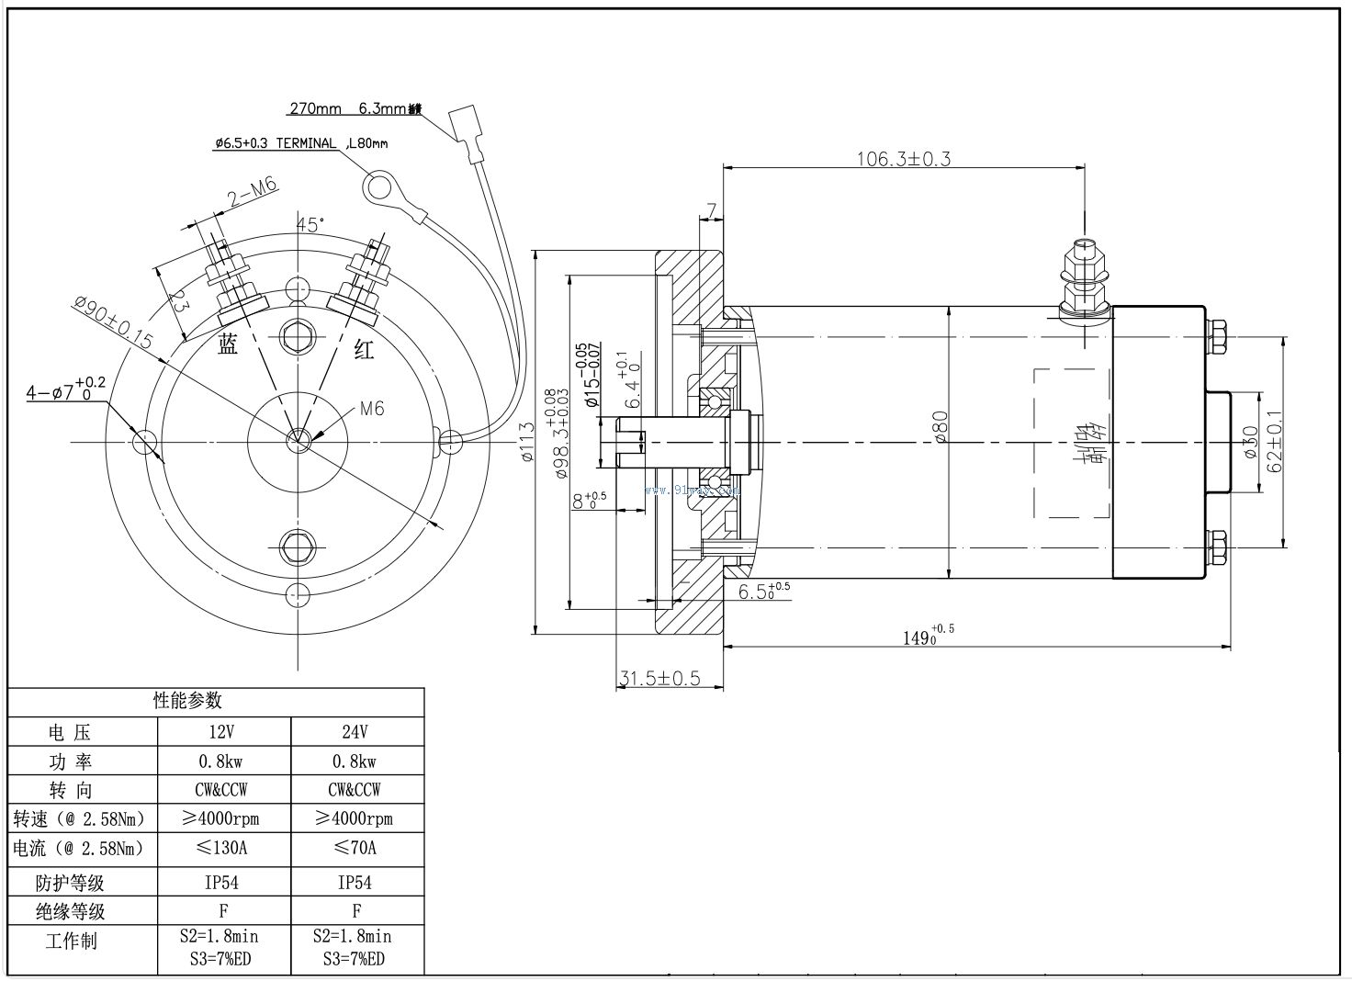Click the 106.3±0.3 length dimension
(904, 158)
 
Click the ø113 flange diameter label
(526, 442)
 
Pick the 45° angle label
(310, 225)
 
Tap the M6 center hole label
(371, 409)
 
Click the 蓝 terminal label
(228, 344)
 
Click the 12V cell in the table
(223, 732)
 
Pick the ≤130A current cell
(223, 847)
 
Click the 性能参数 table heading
(187, 700)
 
